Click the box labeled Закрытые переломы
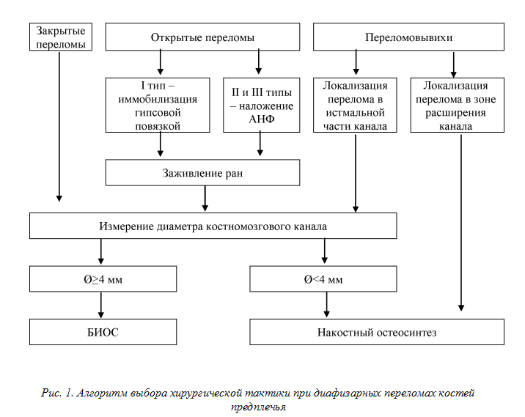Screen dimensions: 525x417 pyautogui.click(x=61, y=37)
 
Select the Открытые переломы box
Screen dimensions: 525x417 pyautogui.click(x=202, y=37)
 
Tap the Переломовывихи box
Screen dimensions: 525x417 pyautogui.click(x=408, y=37)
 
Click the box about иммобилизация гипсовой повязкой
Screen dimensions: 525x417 pyautogui.click(x=158, y=105)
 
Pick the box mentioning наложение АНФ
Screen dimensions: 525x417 pyautogui.click(x=262, y=105)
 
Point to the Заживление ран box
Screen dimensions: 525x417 pyautogui.click(x=202, y=172)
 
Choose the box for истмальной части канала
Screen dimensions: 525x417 pyautogui.click(x=355, y=105)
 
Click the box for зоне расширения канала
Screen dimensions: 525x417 pyautogui.click(x=458, y=105)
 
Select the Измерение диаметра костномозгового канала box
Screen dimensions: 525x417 pyautogui.click(x=213, y=226)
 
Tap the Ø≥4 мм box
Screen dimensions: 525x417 pyautogui.click(x=103, y=278)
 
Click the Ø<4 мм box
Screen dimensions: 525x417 pyautogui.click(x=323, y=278)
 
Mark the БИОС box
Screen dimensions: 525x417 pyautogui.click(x=103, y=332)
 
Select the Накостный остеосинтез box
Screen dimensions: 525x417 pyautogui.click(x=377, y=332)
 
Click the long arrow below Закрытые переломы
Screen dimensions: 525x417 pyautogui.click(x=59, y=127)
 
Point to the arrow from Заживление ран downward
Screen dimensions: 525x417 pyautogui.click(x=205, y=199)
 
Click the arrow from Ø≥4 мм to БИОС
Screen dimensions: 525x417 pyautogui.click(x=100, y=305)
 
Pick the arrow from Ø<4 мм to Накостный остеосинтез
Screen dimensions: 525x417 pyautogui.click(x=326, y=305)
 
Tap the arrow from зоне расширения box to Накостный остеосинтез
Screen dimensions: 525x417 pyautogui.click(x=461, y=223)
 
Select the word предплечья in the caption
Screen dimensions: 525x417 pyautogui.click(x=258, y=407)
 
